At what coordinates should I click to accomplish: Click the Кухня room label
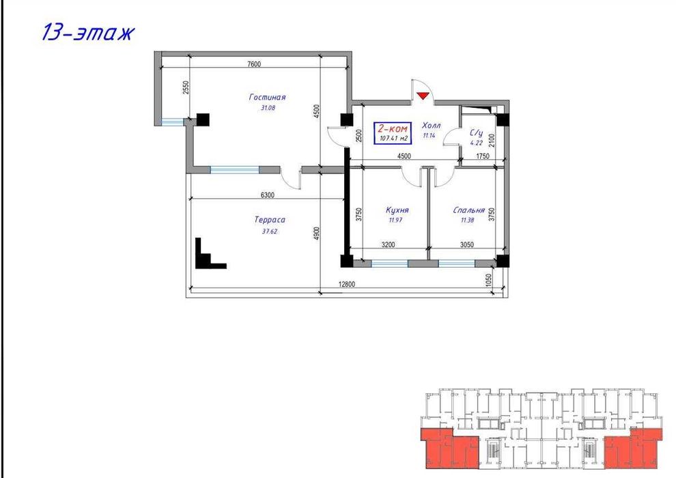tap(397, 211)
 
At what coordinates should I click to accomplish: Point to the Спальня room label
tap(468, 211)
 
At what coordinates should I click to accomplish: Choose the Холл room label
tap(431, 126)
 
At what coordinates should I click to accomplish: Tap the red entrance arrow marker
tap(423, 96)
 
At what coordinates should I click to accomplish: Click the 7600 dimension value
tap(254, 64)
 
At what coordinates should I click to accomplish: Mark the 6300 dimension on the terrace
tap(267, 195)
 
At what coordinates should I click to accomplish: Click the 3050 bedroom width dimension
tap(468, 244)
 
